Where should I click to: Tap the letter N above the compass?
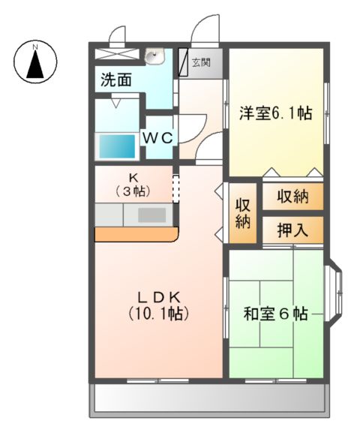click(x=34, y=49)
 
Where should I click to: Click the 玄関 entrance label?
click(x=200, y=63)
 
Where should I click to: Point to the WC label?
click(x=158, y=138)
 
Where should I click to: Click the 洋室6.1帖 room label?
click(x=275, y=114)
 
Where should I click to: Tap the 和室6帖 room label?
click(x=275, y=314)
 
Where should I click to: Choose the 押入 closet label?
click(x=292, y=230)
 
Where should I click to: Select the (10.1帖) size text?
click(x=157, y=313)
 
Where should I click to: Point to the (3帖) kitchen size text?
click(x=133, y=191)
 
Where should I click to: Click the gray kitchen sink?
click(x=151, y=214)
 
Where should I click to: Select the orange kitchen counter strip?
click(x=135, y=235)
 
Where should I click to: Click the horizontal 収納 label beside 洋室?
click(x=292, y=197)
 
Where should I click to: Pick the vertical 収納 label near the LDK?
click(x=243, y=213)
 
